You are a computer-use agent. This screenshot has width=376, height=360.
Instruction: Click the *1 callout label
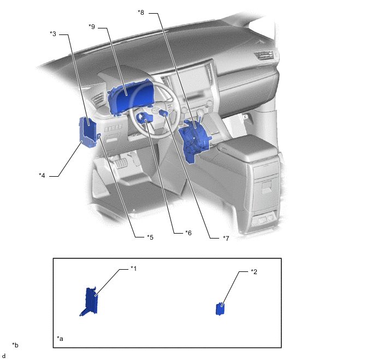coord(133,268)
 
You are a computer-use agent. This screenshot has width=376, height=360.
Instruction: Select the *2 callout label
coord(254,271)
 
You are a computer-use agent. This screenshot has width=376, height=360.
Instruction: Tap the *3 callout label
coord(53,34)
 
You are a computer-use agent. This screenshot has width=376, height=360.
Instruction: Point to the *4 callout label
coord(42,176)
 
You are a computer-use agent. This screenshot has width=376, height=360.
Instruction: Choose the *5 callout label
coord(150,237)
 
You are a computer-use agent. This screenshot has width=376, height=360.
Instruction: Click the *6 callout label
coord(189,233)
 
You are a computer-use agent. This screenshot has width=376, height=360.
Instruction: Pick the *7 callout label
coord(226,238)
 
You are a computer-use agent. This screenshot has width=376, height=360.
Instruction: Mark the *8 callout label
coord(141,13)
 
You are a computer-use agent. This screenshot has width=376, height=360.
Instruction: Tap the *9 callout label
coord(92,26)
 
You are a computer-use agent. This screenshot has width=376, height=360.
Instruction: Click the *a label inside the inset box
coord(60,339)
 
